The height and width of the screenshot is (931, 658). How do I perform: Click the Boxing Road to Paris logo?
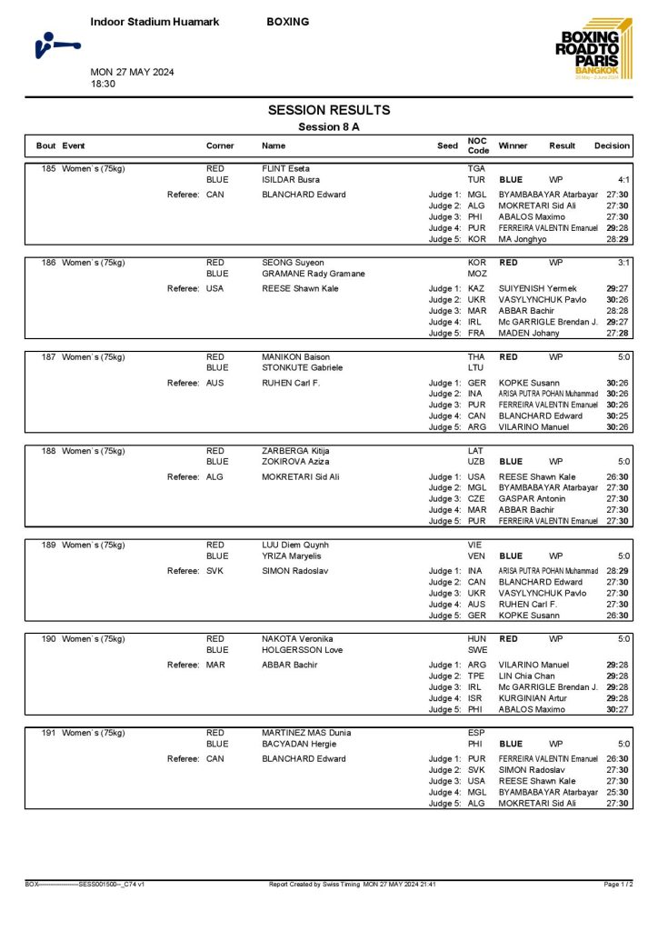[591, 50]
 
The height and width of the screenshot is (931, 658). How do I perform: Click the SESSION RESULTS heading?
[329, 110]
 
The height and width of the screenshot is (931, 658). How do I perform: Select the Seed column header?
[447, 145]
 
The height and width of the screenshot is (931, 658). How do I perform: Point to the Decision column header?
[612, 145]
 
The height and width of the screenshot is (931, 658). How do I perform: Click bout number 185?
[47, 169]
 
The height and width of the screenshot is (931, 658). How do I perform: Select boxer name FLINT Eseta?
[286, 169]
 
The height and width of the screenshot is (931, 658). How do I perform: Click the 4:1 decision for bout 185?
[624, 180]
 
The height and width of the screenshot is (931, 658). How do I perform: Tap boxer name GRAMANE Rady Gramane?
[314, 274]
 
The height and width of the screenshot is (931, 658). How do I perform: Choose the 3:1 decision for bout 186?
[624, 263]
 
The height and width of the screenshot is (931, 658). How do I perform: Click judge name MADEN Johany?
[529, 333]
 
